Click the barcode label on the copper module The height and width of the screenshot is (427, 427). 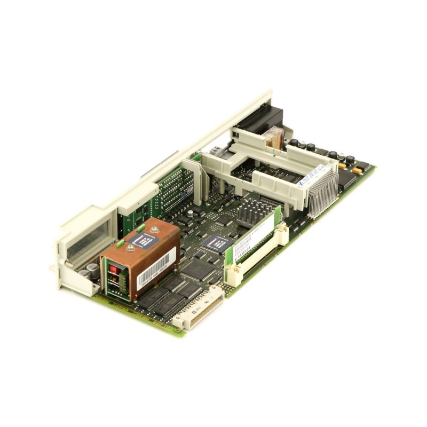[156, 270]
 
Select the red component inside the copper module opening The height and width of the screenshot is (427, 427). [114, 270]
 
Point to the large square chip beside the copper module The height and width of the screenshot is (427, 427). [197, 270]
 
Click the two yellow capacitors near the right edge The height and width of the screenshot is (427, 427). [350, 169]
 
